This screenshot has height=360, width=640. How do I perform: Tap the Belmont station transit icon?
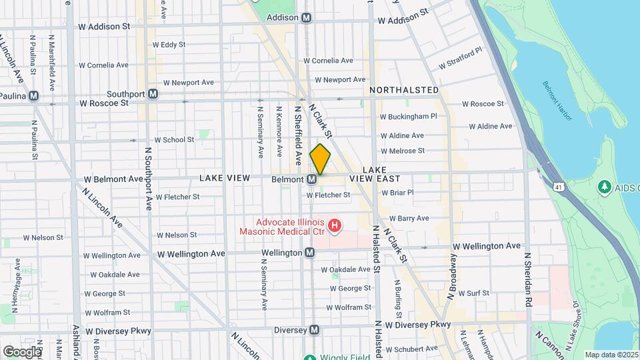311,179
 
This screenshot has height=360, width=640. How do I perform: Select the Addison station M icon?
306,18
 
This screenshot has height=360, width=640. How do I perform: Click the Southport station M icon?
153,94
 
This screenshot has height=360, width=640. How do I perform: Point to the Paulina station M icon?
33,96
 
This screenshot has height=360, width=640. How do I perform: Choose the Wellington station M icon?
310,253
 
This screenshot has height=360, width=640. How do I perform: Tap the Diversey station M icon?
314,330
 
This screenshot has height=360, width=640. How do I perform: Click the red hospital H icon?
335,227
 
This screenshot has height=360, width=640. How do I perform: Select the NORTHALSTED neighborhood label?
404,90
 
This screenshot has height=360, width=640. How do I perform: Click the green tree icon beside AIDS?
605,187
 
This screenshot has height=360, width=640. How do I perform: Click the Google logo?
23,351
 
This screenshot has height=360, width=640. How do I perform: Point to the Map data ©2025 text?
611,355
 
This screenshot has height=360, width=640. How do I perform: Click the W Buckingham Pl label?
408,116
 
